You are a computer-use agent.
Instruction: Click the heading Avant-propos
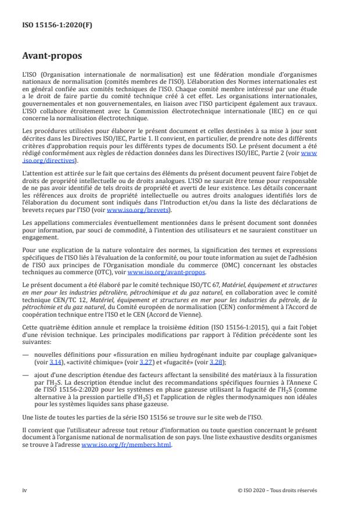[53, 57]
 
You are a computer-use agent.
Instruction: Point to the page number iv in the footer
[24, 490]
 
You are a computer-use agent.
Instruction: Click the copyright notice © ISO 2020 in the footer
[277, 490]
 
